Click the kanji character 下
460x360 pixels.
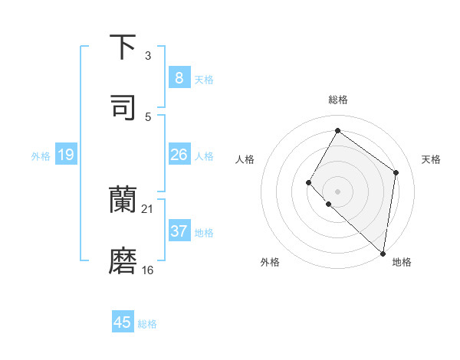[123, 47]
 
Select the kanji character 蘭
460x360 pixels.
[123, 199]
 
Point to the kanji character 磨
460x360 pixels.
[123, 261]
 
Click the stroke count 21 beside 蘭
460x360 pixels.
[148, 208]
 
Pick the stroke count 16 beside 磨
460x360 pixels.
[148, 270]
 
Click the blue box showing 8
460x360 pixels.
[179, 78]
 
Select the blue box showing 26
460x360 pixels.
[179, 155]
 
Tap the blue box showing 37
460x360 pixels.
[179, 231]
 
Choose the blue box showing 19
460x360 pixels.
[65, 155]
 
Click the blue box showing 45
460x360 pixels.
[123, 322]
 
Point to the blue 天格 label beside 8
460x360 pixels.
[204, 80]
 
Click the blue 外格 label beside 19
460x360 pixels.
[41, 156]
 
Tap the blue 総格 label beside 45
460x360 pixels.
[147, 324]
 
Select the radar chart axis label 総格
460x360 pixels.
[338, 100]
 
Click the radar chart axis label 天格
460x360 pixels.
[431, 159]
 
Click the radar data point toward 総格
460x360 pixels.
[337, 130]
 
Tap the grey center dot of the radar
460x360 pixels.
[337, 191]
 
